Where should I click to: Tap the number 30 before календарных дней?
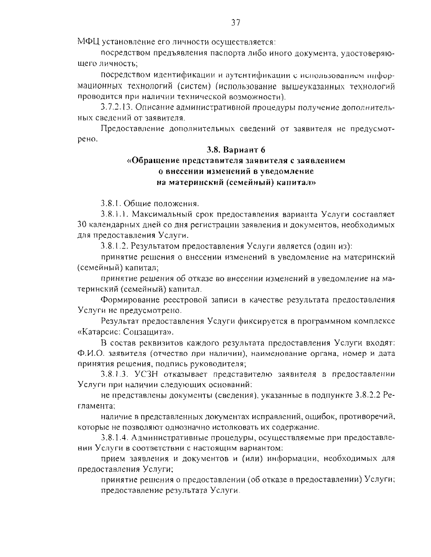click(x=82, y=225)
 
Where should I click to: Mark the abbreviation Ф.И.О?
click(x=88, y=353)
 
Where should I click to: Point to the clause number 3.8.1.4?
click(x=114, y=438)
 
